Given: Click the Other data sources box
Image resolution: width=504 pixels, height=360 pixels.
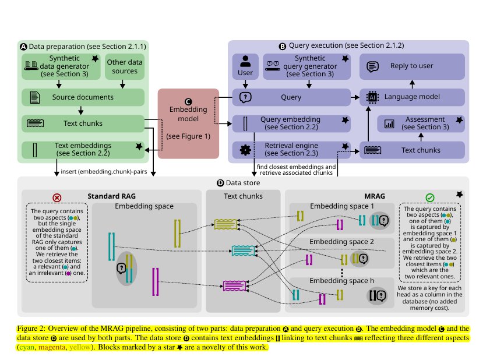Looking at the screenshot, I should (x=124, y=67).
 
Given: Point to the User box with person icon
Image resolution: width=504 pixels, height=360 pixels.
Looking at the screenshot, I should (x=245, y=66).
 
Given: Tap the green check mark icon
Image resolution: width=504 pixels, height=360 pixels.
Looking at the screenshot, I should (x=430, y=198).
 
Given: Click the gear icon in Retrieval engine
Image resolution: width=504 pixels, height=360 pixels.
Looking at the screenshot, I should (x=245, y=150).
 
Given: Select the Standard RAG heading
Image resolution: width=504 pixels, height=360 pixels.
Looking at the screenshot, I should (x=111, y=196).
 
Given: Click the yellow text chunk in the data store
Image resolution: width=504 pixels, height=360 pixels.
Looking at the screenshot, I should (x=226, y=224).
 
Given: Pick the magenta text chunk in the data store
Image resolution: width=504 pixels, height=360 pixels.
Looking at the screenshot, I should (x=235, y=285).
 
